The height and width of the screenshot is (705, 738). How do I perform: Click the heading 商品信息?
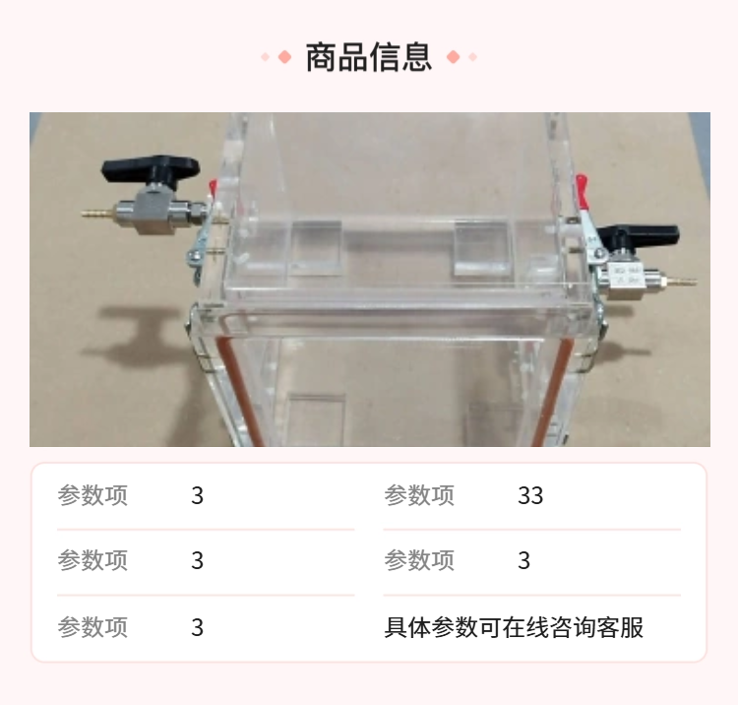pos(369,57)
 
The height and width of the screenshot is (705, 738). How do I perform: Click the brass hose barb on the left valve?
pos(98,213)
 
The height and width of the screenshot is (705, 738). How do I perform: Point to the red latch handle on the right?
pos(583,191)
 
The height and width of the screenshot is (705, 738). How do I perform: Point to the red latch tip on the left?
pos(213,187)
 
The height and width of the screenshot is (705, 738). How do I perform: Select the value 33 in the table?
pos(530,495)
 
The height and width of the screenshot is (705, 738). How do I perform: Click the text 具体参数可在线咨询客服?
pos(514,627)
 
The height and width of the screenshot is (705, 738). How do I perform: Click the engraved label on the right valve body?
pos(627,276)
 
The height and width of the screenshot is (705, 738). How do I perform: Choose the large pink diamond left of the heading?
pos(284,57)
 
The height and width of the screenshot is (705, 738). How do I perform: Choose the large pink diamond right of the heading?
pos(454,57)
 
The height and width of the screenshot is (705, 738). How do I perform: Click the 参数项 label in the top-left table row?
pos(92,495)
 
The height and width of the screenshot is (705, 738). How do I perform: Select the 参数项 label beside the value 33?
pos(419,495)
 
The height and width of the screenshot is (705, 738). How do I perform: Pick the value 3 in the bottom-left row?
pos(197,627)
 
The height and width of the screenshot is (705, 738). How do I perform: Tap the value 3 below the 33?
pos(523,560)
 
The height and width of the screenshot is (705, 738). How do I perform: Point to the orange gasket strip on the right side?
pos(552,392)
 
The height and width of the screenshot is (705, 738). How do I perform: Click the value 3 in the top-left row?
pos(197,495)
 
